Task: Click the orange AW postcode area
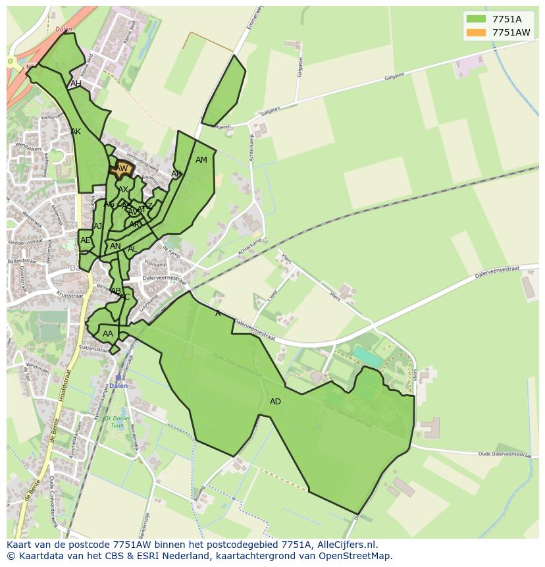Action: tap(122, 169)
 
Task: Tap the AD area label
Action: tap(275, 402)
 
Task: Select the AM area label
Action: tap(201, 160)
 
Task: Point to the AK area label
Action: tap(76, 132)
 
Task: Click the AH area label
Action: tap(76, 84)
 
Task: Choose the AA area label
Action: tap(108, 334)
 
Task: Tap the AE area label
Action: tap(85, 240)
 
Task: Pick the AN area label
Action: tap(115, 246)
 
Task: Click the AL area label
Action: tap(132, 249)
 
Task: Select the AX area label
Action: tap(123, 190)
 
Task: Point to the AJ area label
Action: tap(98, 226)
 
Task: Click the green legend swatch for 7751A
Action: tap(476, 19)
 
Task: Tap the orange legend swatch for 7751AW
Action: tap(476, 32)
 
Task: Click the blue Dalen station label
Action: tap(118, 386)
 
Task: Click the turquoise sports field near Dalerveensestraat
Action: tap(367, 358)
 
